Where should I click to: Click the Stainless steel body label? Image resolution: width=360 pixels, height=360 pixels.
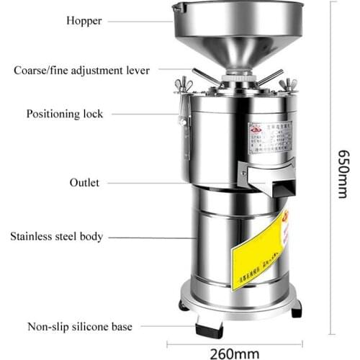point(66,236)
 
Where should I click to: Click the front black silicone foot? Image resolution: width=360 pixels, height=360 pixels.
point(210,330)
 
